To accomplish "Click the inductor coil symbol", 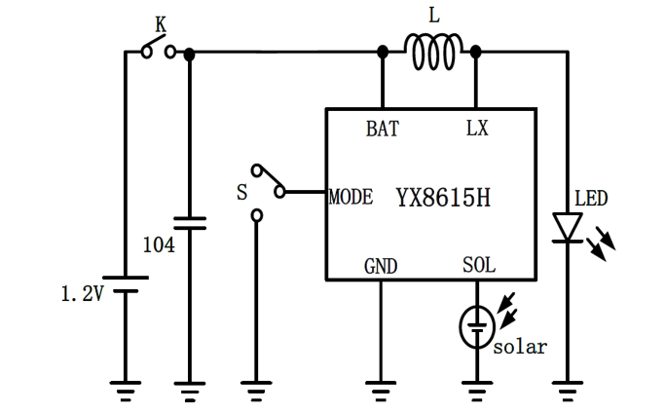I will [429, 54].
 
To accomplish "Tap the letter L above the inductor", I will [432, 17].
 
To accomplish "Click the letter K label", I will [161, 22].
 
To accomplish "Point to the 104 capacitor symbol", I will [189, 221].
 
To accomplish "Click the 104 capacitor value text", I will [159, 244].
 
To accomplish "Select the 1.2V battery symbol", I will [125, 283].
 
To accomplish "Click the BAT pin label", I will [382, 129].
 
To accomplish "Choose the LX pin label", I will [477, 129].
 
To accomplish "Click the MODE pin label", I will [351, 197].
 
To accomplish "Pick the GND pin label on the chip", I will [380, 266].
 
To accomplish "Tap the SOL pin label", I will [478, 266].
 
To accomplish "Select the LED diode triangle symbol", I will [567, 227].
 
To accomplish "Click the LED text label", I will [590, 199].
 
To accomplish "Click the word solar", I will [519, 347].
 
